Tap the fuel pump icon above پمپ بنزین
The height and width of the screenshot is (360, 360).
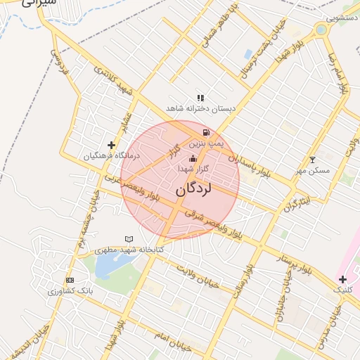pos(205,132)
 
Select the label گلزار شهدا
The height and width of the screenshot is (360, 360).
pos(193,169)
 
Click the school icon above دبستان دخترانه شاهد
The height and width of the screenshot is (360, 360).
pos(200,98)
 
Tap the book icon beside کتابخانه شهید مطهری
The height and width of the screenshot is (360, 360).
pos(129,239)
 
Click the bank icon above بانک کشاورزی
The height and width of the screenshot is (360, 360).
pos(69,280)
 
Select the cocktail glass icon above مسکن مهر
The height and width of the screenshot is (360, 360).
pos(313,160)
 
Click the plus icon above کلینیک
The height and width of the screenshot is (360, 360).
pos(342,279)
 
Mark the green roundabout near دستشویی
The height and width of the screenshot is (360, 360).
pos(321,30)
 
